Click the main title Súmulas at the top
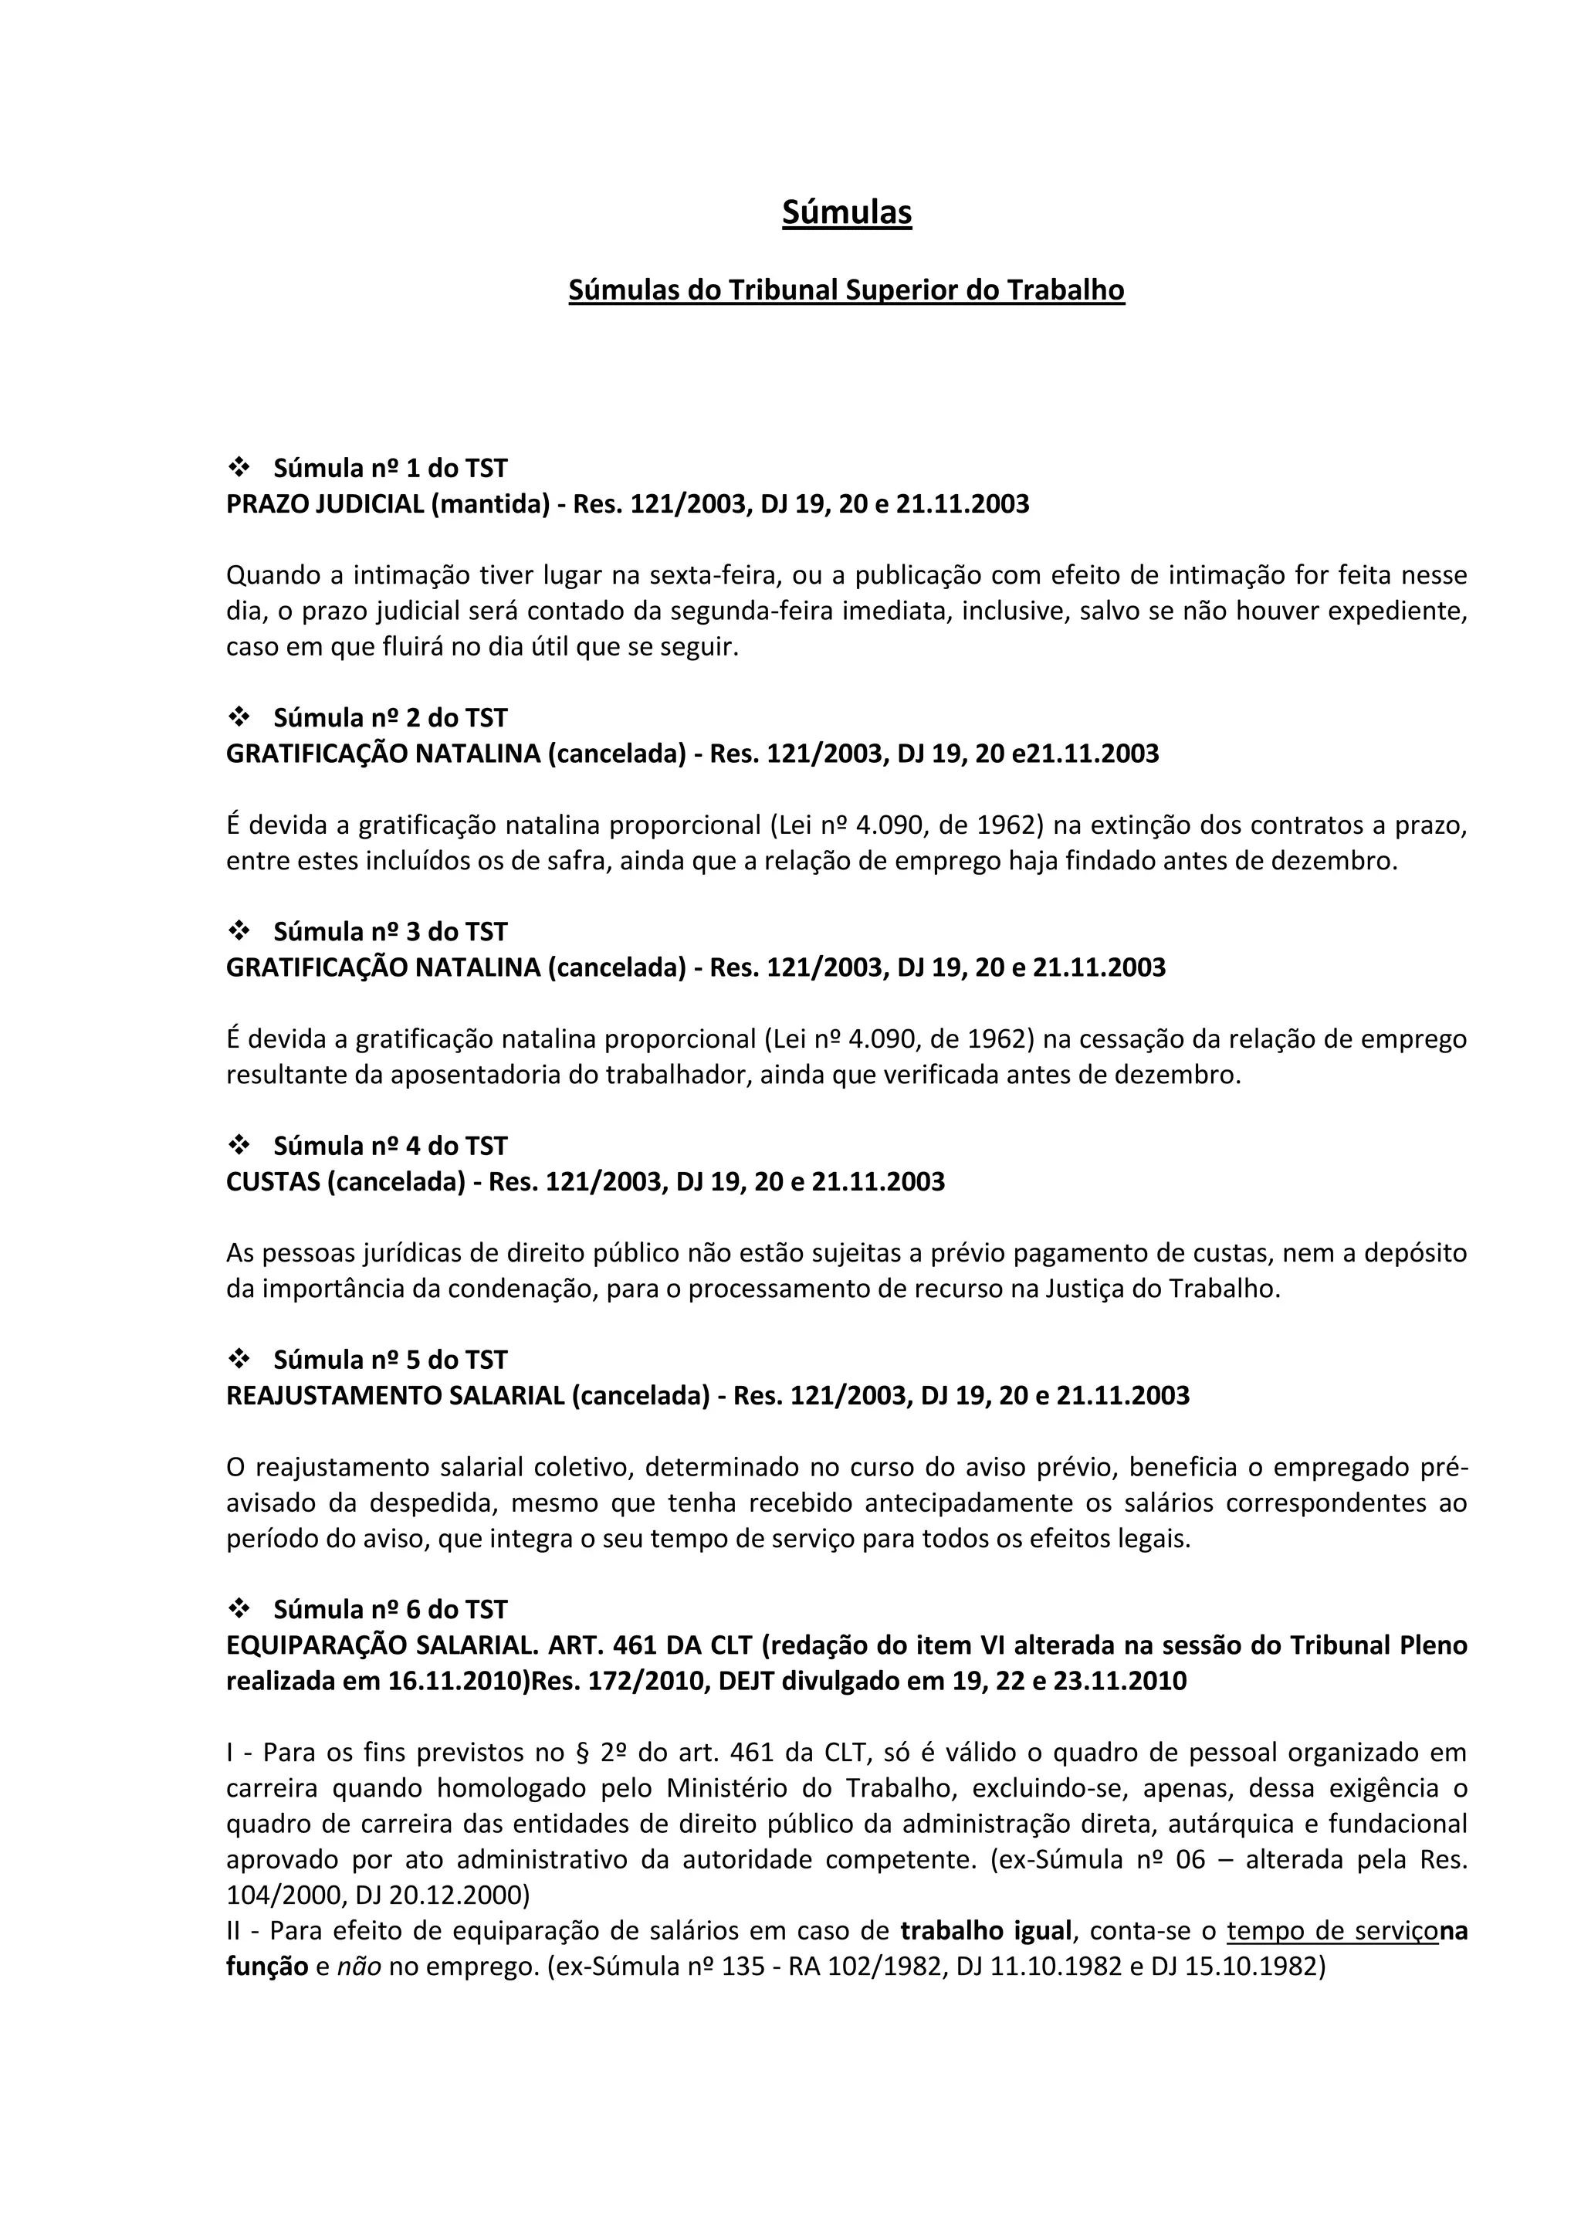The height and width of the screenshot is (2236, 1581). click(x=846, y=212)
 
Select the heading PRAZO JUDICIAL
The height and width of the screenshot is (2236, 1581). click(x=326, y=504)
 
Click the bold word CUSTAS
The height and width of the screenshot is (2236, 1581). click(x=273, y=1181)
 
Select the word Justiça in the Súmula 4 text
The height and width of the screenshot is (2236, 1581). click(x=1085, y=1289)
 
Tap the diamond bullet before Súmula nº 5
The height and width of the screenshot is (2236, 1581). click(x=239, y=1359)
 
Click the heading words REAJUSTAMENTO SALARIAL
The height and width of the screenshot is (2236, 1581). click(x=394, y=1395)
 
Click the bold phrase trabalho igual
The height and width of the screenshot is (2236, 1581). click(x=986, y=1930)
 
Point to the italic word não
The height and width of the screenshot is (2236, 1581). click(x=358, y=1967)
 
